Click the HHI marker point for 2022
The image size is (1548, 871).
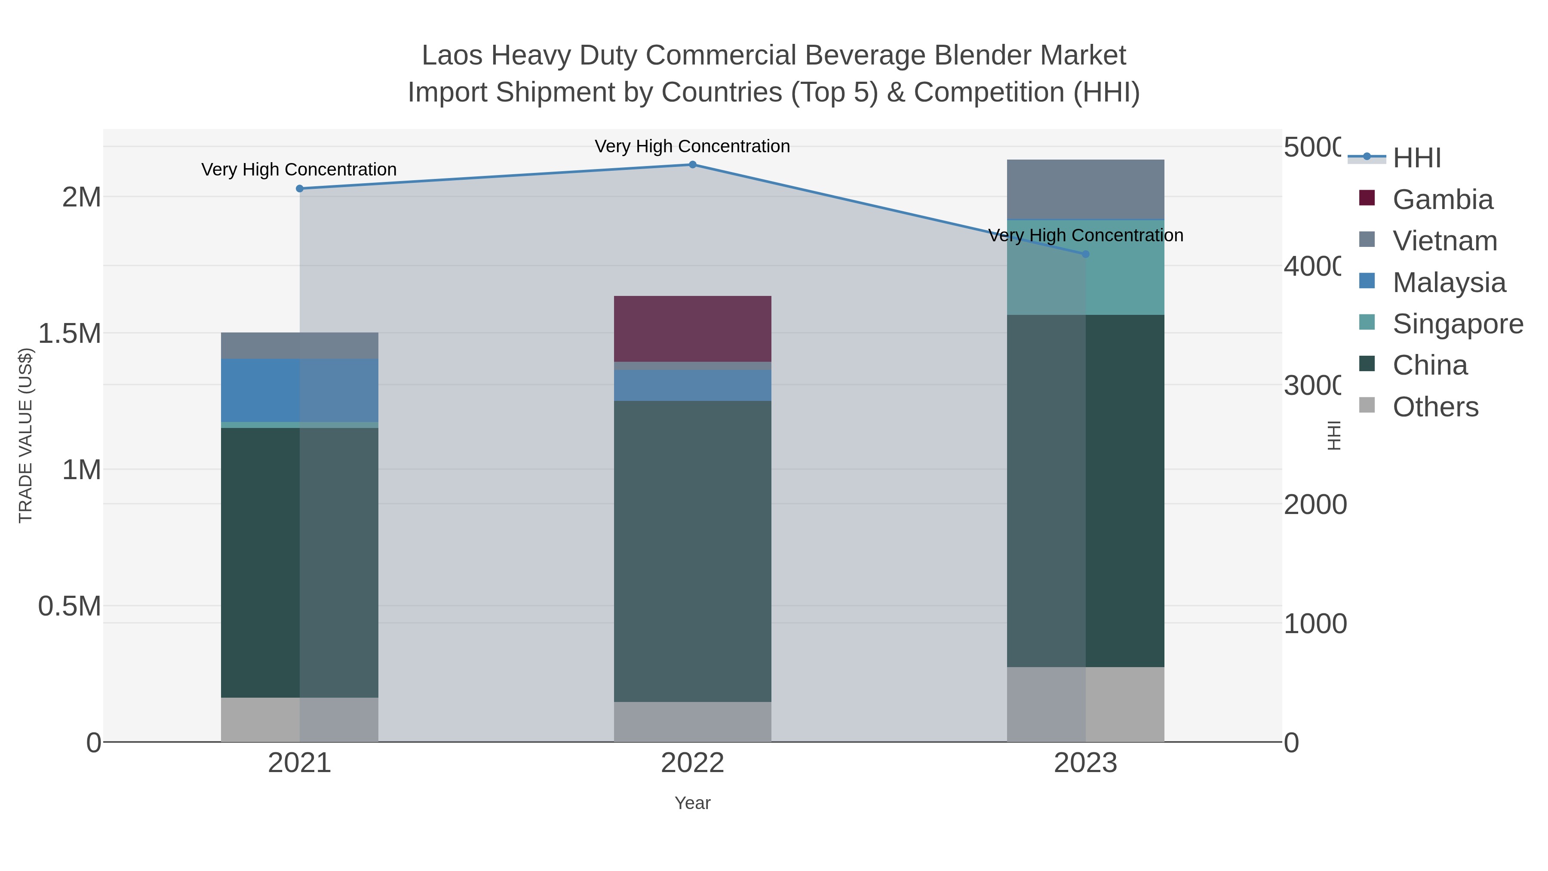[x=692, y=165]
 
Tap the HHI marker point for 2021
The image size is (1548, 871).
[x=300, y=189]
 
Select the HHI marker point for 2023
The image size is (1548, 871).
[x=1085, y=254]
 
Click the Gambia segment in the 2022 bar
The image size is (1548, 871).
[x=692, y=329]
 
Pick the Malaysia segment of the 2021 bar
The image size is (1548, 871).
[x=300, y=390]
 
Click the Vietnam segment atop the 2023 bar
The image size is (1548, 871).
[x=1085, y=189]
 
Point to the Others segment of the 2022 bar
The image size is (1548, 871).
[x=692, y=721]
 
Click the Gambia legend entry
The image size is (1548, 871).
[x=1442, y=200]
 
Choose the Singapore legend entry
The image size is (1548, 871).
[x=1457, y=324]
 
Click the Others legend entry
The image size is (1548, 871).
[x=1435, y=407]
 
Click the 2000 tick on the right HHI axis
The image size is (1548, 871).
[x=1315, y=505]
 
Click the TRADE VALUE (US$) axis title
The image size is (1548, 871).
[x=25, y=435]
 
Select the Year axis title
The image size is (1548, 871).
[x=692, y=803]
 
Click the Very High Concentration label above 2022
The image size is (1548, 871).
[x=692, y=146]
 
